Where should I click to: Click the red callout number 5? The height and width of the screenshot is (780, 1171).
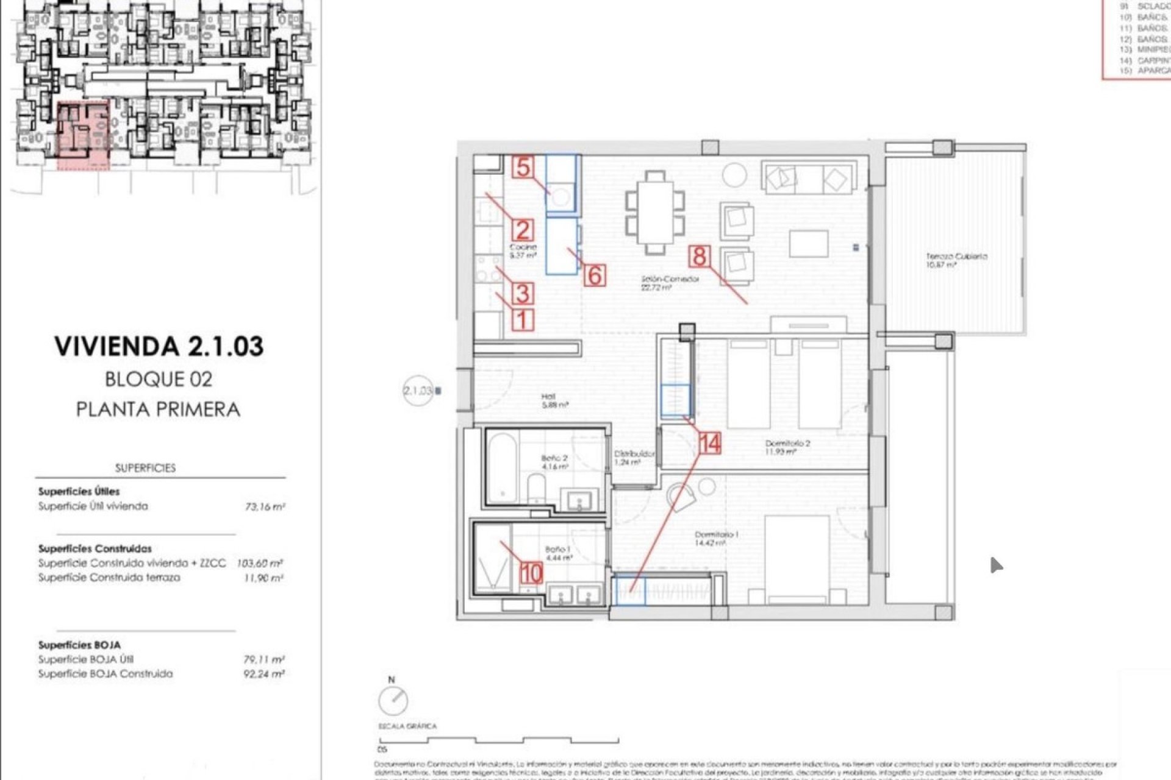tap(523, 167)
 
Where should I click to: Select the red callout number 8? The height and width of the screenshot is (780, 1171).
tap(699, 256)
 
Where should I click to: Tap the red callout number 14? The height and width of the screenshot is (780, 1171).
tap(710, 443)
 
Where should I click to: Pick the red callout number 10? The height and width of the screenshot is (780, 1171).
tap(531, 572)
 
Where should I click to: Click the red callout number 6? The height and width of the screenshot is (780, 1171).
tap(595, 275)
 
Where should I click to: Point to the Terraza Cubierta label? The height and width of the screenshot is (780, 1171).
tap(956, 260)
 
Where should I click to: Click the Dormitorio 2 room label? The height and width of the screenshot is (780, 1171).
tap(787, 447)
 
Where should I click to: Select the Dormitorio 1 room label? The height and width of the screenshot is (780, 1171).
tap(717, 538)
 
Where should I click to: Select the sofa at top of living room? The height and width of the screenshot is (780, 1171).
tap(808, 178)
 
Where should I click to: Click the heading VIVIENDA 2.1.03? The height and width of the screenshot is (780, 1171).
tap(159, 346)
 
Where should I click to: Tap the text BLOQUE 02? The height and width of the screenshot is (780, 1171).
tap(159, 379)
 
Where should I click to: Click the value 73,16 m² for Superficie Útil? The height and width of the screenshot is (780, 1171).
tap(265, 506)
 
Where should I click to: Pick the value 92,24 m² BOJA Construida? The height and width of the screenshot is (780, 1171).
tap(263, 674)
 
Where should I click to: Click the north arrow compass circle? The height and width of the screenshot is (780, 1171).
tap(393, 700)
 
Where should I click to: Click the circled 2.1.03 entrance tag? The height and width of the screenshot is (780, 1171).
tap(418, 391)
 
